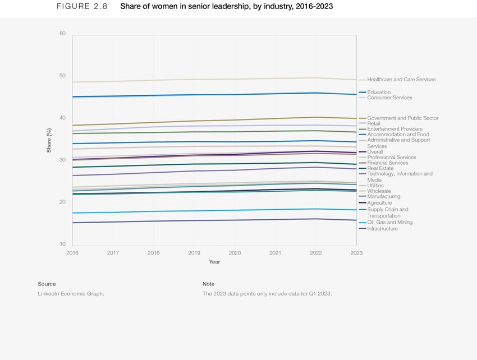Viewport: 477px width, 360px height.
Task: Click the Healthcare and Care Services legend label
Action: pos(401,80)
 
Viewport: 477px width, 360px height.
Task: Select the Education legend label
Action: pos(379,92)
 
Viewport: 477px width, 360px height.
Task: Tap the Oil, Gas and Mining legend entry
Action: pos(389,222)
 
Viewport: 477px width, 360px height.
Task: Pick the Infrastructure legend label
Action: pos(382,229)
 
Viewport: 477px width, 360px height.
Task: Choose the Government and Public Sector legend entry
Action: pos(402,118)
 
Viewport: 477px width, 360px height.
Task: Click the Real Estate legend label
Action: pos(380,168)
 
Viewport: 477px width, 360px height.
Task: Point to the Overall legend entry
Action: pos(375,152)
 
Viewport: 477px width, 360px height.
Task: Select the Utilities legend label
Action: pos(375,186)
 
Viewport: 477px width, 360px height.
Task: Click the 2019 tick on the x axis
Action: pos(194,253)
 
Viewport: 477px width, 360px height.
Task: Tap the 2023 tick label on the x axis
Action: pos(356,253)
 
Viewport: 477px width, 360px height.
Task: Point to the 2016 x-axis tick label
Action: pos(72,253)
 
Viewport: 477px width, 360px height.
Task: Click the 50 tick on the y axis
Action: pos(62,76)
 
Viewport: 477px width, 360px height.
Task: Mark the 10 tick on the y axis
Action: pos(62,244)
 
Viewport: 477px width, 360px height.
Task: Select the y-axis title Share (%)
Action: pos(49,140)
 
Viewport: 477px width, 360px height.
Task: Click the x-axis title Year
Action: pos(214,262)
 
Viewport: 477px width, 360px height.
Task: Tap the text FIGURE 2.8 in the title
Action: pos(82,7)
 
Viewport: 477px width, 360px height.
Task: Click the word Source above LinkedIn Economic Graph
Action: pos(47,284)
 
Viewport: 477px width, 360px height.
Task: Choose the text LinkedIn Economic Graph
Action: pos(71,294)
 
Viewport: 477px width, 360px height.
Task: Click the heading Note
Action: pos(208,284)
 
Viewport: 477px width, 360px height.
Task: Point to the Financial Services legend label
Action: pos(387,163)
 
